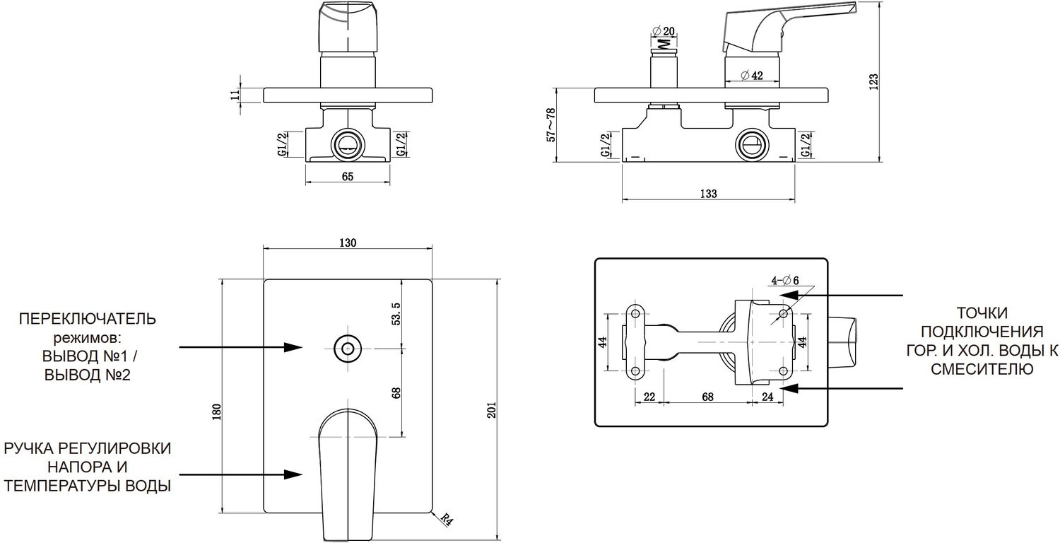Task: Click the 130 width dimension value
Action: pos(348,242)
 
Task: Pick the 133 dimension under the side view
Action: pos(709,194)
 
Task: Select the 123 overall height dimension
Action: pos(873,82)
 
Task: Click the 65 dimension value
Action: pos(347,177)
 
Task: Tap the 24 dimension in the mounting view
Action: pos(767,397)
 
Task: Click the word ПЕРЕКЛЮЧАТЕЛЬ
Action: pos(88,319)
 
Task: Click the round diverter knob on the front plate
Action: pos(347,348)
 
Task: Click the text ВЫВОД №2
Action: pos(88,375)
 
